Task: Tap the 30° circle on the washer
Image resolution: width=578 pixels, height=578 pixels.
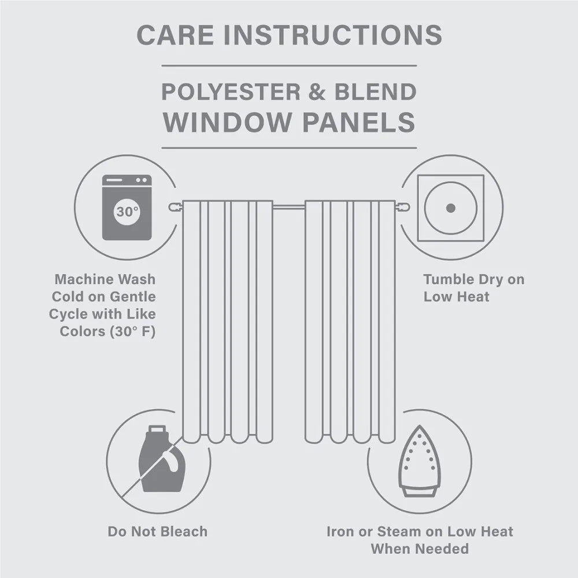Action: tap(127, 212)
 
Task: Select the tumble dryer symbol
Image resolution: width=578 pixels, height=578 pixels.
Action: tap(451, 208)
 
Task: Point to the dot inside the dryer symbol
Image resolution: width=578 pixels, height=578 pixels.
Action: tap(451, 208)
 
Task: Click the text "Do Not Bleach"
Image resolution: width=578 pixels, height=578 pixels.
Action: tap(157, 531)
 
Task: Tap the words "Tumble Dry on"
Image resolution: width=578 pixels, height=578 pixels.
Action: tap(473, 280)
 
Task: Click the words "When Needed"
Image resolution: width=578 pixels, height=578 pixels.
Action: tap(419, 549)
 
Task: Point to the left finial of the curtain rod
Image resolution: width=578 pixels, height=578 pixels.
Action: tap(173, 206)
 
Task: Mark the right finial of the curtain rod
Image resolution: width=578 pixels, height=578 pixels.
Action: tap(405, 206)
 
